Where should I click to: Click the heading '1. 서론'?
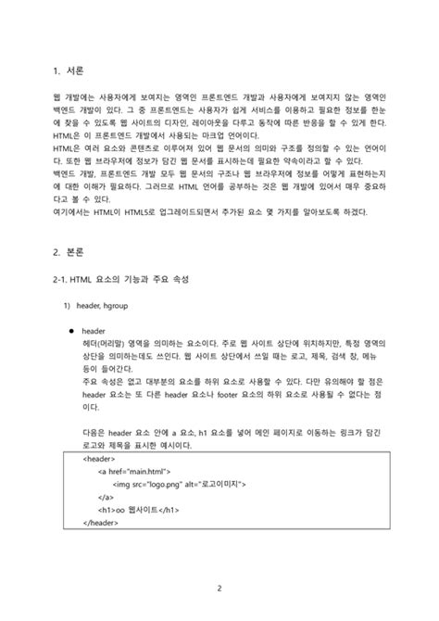69,70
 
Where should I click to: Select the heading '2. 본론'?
69,250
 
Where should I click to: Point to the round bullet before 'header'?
71,331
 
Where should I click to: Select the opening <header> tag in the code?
99,458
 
